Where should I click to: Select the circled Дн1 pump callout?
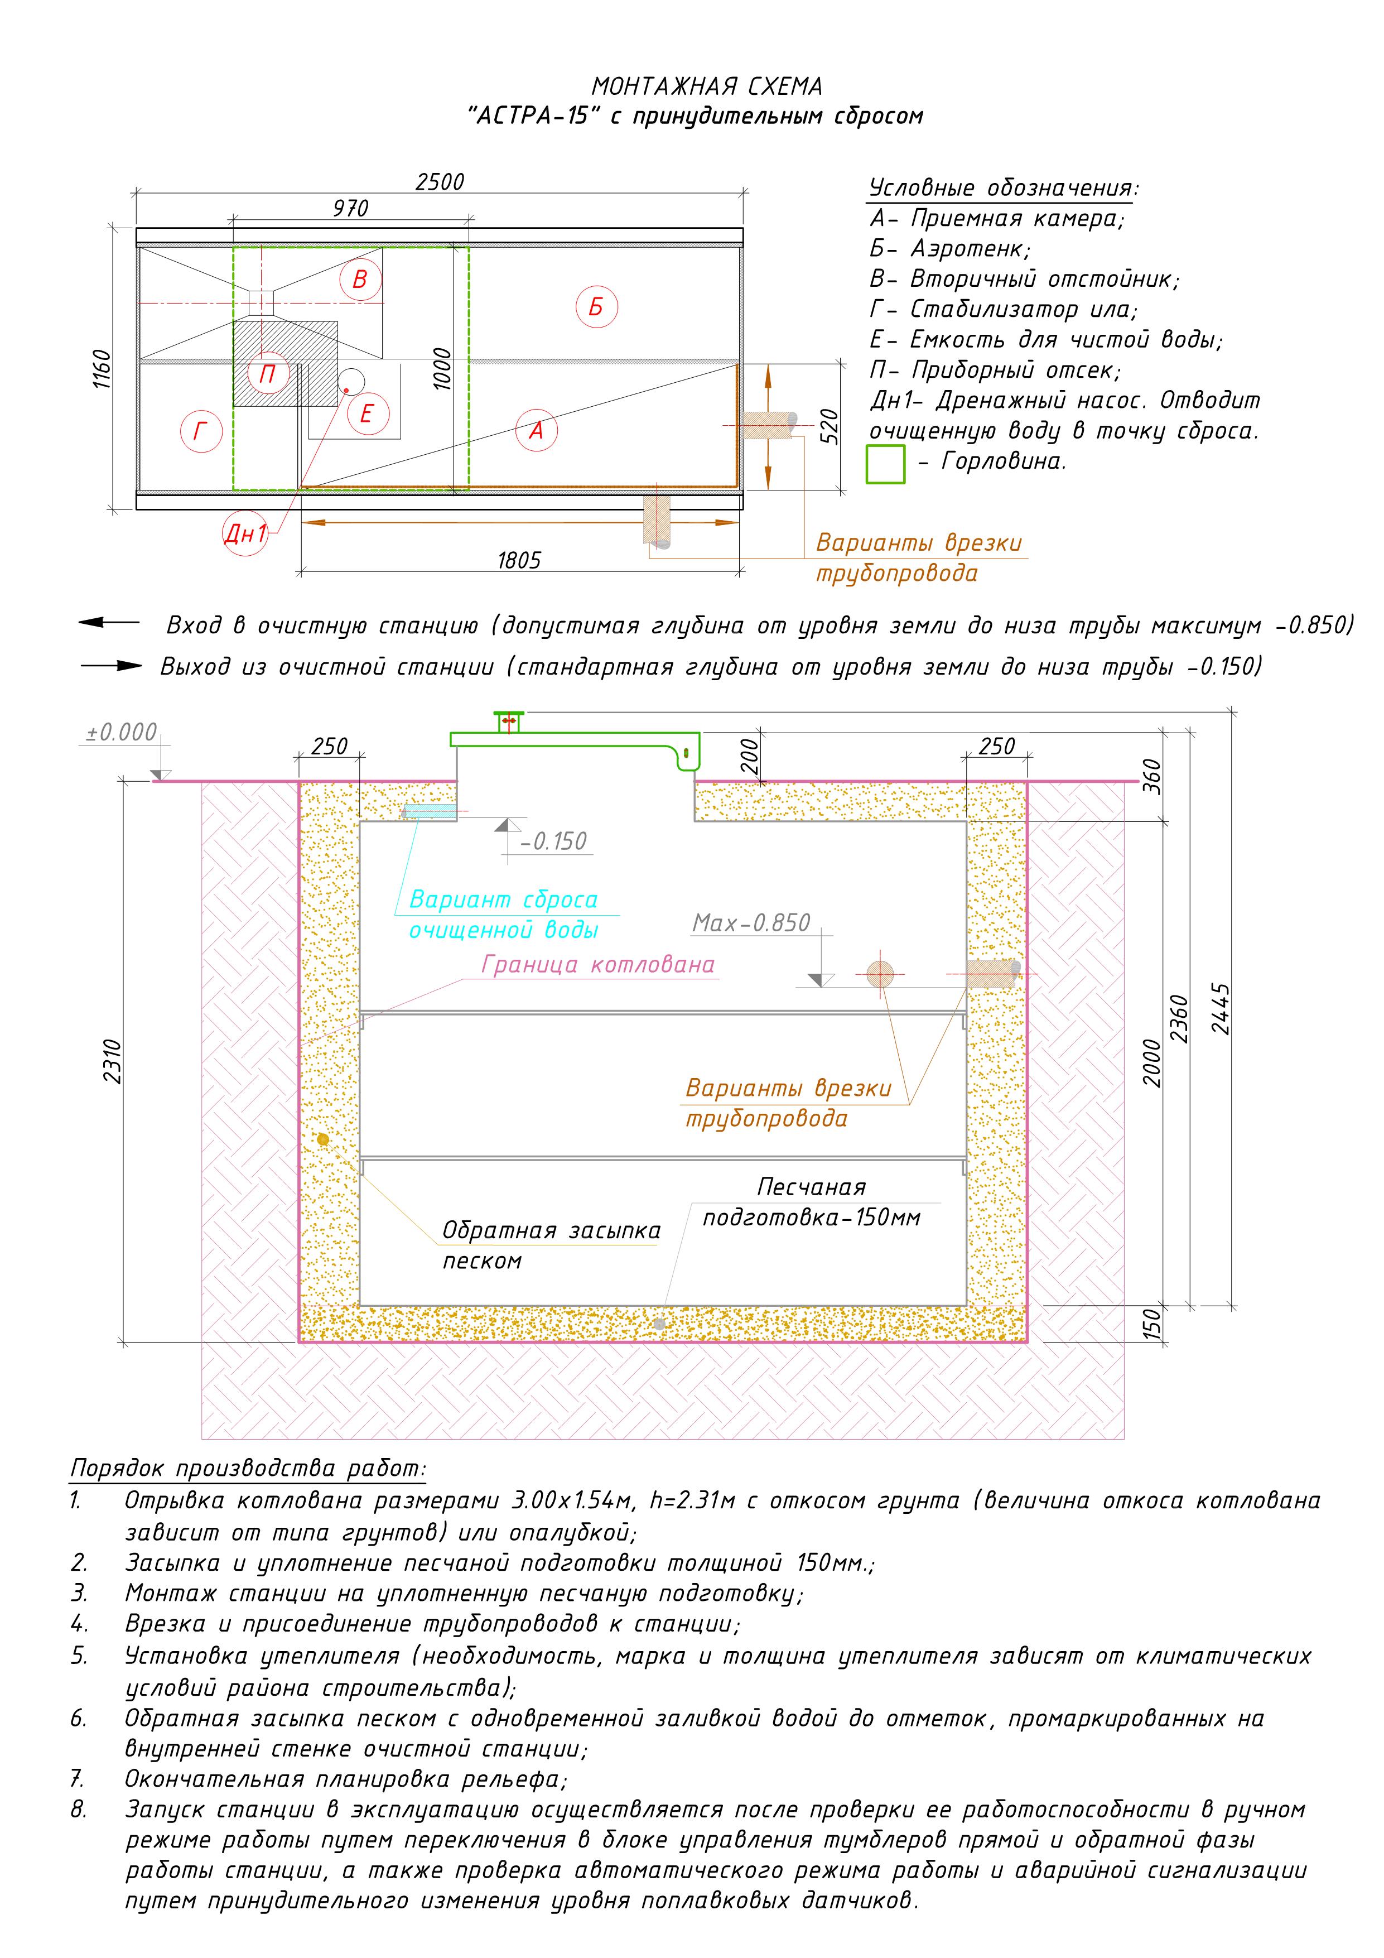click(x=245, y=534)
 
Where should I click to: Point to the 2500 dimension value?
click(x=440, y=182)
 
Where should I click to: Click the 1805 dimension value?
click(x=519, y=560)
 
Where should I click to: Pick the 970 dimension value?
click(x=350, y=208)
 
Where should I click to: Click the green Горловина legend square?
click(x=885, y=465)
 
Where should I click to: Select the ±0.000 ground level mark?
click(x=122, y=733)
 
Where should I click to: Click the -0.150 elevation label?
click(x=555, y=841)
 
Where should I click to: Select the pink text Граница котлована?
click(x=598, y=965)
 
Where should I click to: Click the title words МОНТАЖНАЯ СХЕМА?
click(x=707, y=86)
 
